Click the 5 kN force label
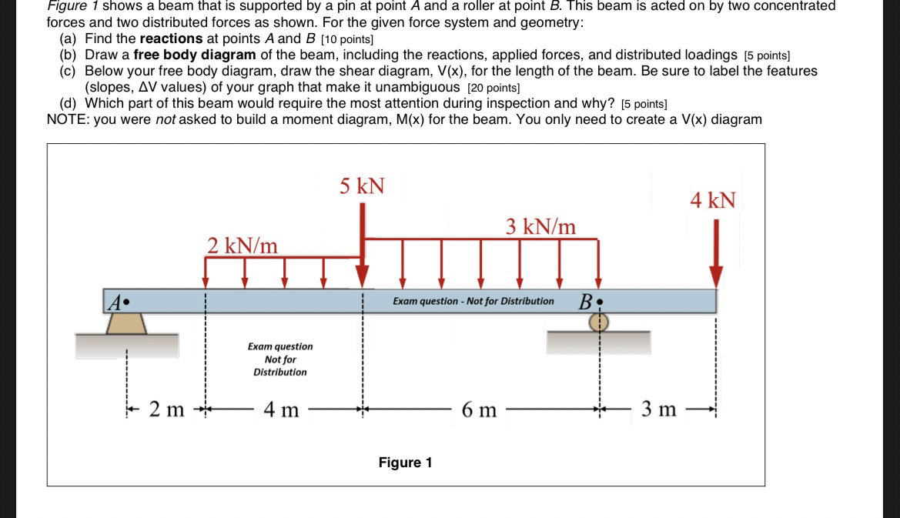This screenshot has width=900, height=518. click(x=362, y=186)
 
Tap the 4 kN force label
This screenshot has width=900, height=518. click(x=712, y=201)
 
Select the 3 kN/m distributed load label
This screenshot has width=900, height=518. click(x=540, y=226)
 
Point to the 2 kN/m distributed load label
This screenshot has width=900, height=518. click(x=243, y=246)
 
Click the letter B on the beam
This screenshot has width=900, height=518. click(x=584, y=301)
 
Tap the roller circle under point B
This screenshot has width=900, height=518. click(x=599, y=322)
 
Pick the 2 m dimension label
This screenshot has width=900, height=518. click(x=166, y=409)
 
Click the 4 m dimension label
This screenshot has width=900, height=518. click(x=281, y=409)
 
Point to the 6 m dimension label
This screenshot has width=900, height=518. click(x=479, y=409)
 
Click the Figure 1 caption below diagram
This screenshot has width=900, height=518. click(x=405, y=463)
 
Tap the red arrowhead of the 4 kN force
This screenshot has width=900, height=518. click(x=716, y=278)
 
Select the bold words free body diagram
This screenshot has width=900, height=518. click(x=194, y=55)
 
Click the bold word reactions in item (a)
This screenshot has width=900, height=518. click(x=171, y=38)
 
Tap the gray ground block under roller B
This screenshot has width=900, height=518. click(x=598, y=343)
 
